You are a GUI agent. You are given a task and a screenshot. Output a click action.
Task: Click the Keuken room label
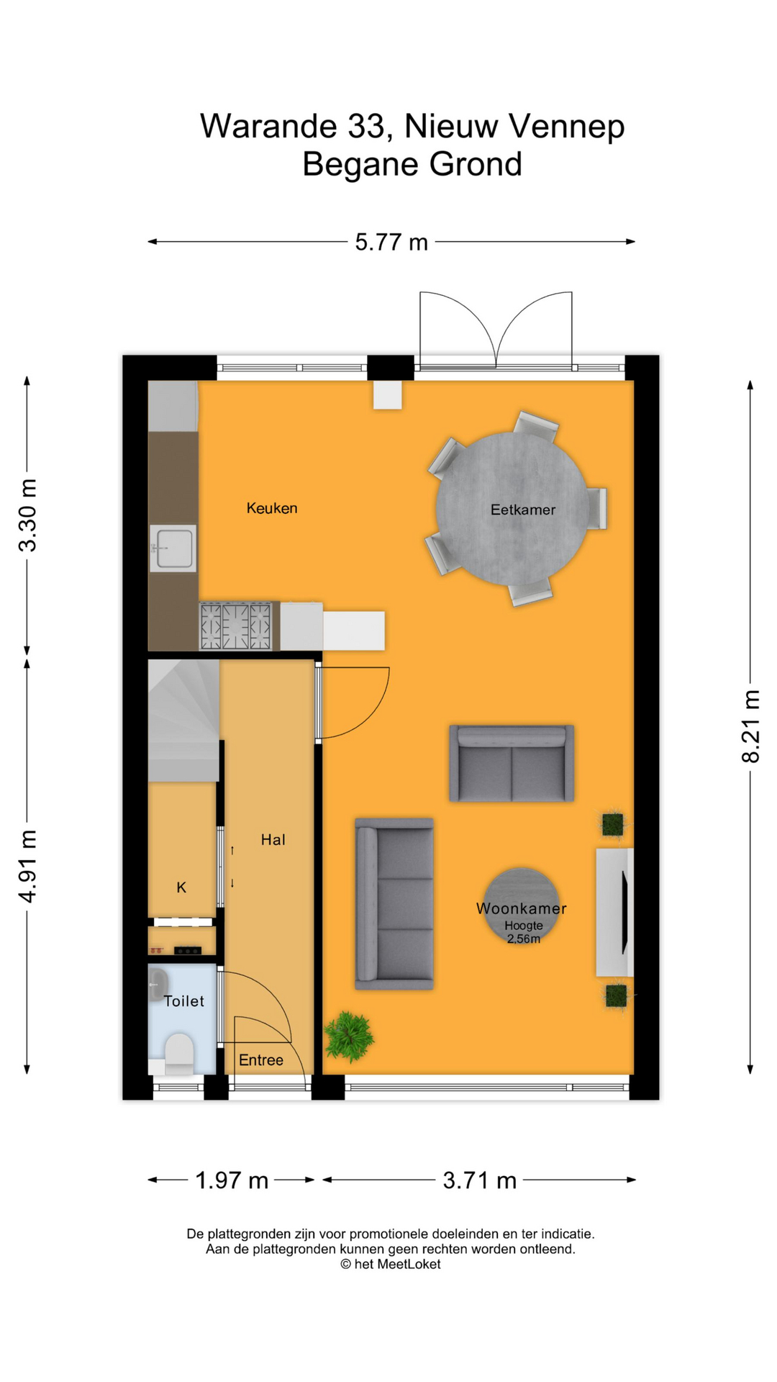click(272, 508)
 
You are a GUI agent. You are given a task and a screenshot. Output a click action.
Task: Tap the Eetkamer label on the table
click(523, 510)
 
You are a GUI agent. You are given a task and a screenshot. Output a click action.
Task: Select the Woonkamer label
click(522, 908)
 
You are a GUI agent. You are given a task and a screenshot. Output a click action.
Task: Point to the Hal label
click(273, 839)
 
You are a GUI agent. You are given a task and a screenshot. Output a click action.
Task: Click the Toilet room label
click(184, 1001)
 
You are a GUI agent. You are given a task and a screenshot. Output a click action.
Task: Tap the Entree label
click(261, 1060)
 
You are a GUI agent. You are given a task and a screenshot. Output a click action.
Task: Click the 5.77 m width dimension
click(391, 242)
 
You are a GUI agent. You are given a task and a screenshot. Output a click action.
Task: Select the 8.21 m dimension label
click(751, 726)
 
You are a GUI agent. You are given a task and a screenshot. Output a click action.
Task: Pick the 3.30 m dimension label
click(27, 515)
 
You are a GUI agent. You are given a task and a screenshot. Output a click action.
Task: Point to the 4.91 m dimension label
click(27, 867)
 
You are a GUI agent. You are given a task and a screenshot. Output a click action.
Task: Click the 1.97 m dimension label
click(232, 1180)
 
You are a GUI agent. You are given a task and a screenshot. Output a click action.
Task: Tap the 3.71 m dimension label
click(480, 1180)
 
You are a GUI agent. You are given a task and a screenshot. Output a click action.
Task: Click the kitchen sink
click(173, 548)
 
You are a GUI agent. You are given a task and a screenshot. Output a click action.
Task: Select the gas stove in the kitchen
click(236, 626)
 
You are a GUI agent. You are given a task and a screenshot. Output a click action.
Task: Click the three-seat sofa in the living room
click(394, 903)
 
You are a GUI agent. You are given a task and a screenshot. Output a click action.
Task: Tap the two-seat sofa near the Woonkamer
click(512, 763)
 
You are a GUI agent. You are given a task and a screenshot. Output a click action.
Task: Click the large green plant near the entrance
click(349, 1036)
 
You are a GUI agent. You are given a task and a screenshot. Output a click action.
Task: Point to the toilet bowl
click(179, 1052)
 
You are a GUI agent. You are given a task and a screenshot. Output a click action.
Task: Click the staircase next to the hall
click(183, 721)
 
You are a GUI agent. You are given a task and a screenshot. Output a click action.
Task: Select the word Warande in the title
click(268, 126)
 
